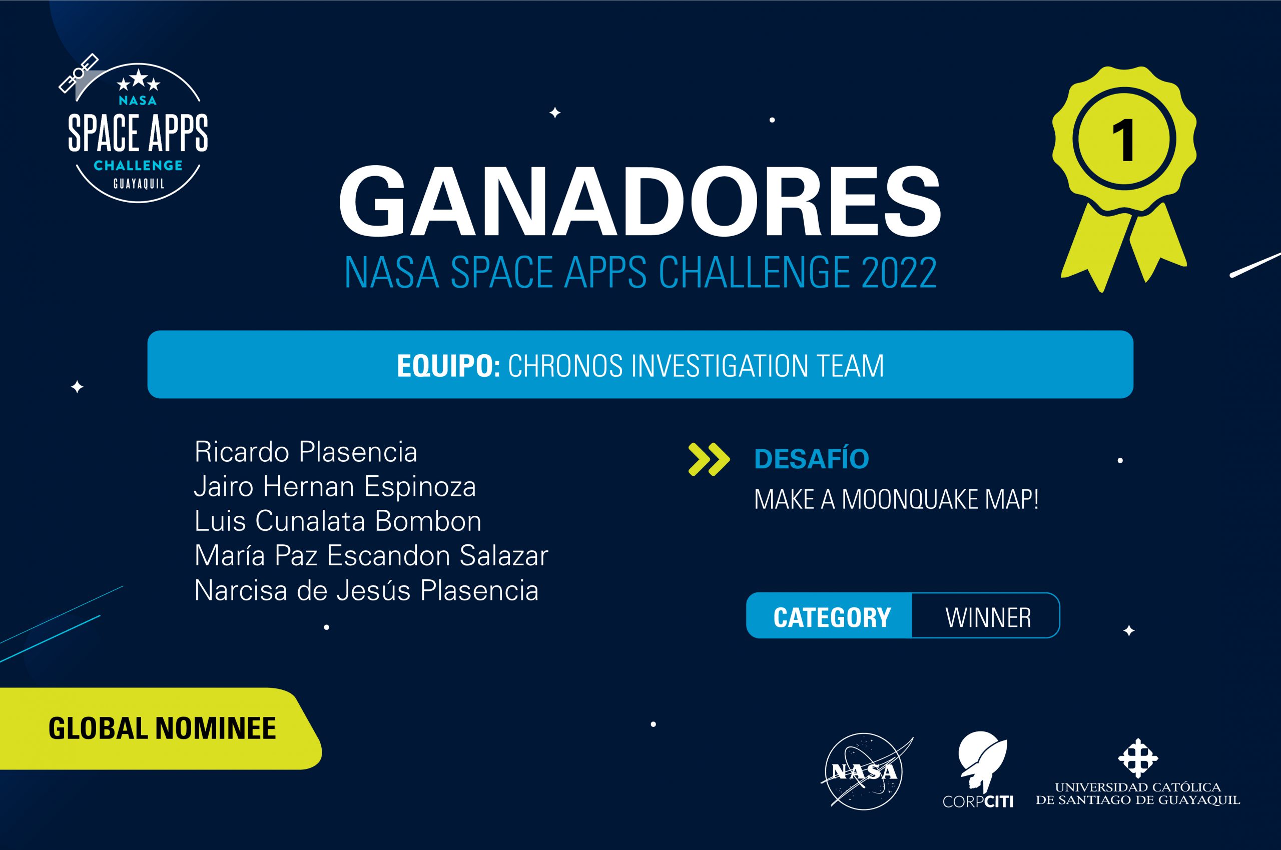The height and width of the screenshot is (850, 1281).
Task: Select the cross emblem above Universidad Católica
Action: pyautogui.click(x=1137, y=758)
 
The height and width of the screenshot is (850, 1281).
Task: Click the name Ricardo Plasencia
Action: pyautogui.click(x=306, y=452)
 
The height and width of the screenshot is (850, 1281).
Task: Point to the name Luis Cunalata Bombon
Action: pyautogui.click(x=338, y=521)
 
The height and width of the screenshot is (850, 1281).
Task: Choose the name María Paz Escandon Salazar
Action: pyautogui.click(x=371, y=556)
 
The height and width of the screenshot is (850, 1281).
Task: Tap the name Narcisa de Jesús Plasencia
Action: pyautogui.click(x=366, y=590)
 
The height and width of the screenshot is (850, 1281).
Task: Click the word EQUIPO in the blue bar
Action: pyautogui.click(x=447, y=366)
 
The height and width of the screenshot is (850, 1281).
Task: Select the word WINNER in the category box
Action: pyautogui.click(x=988, y=617)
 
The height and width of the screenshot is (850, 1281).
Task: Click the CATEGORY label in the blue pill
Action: pyautogui.click(x=832, y=617)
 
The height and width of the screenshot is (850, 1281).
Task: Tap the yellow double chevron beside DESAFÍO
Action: pyautogui.click(x=709, y=460)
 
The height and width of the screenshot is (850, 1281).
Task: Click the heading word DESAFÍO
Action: pyautogui.click(x=812, y=459)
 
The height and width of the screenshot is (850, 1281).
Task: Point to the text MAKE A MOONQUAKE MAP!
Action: pyautogui.click(x=896, y=499)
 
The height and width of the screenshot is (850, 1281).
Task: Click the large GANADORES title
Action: pyautogui.click(x=639, y=202)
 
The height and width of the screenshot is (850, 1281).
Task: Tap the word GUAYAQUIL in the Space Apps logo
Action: pyautogui.click(x=138, y=184)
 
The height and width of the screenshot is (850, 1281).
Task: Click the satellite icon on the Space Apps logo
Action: pyautogui.click(x=79, y=73)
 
